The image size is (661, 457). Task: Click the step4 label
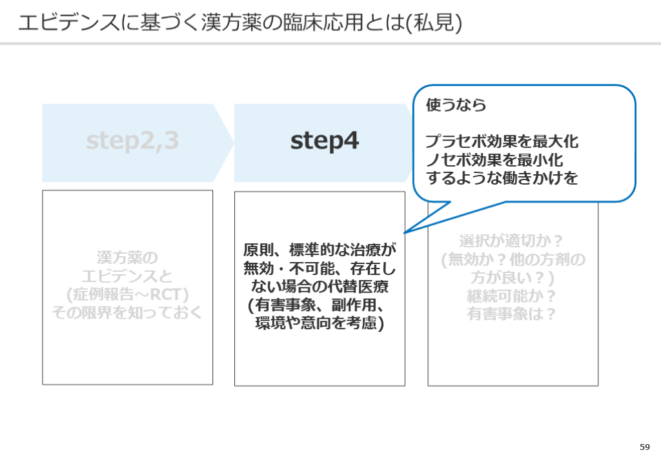pos(324,141)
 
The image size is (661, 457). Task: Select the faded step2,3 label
pos(132,141)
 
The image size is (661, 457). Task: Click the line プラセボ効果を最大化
pos(502,141)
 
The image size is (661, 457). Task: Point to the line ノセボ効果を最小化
pos(494,159)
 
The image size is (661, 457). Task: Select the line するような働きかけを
pos(502,178)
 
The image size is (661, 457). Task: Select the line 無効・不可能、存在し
pos(320,269)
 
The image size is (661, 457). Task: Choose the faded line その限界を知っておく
pos(127,313)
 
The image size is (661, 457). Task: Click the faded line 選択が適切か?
pos(513,241)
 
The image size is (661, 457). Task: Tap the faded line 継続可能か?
pos(513,296)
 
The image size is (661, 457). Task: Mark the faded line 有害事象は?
pos(513,314)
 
